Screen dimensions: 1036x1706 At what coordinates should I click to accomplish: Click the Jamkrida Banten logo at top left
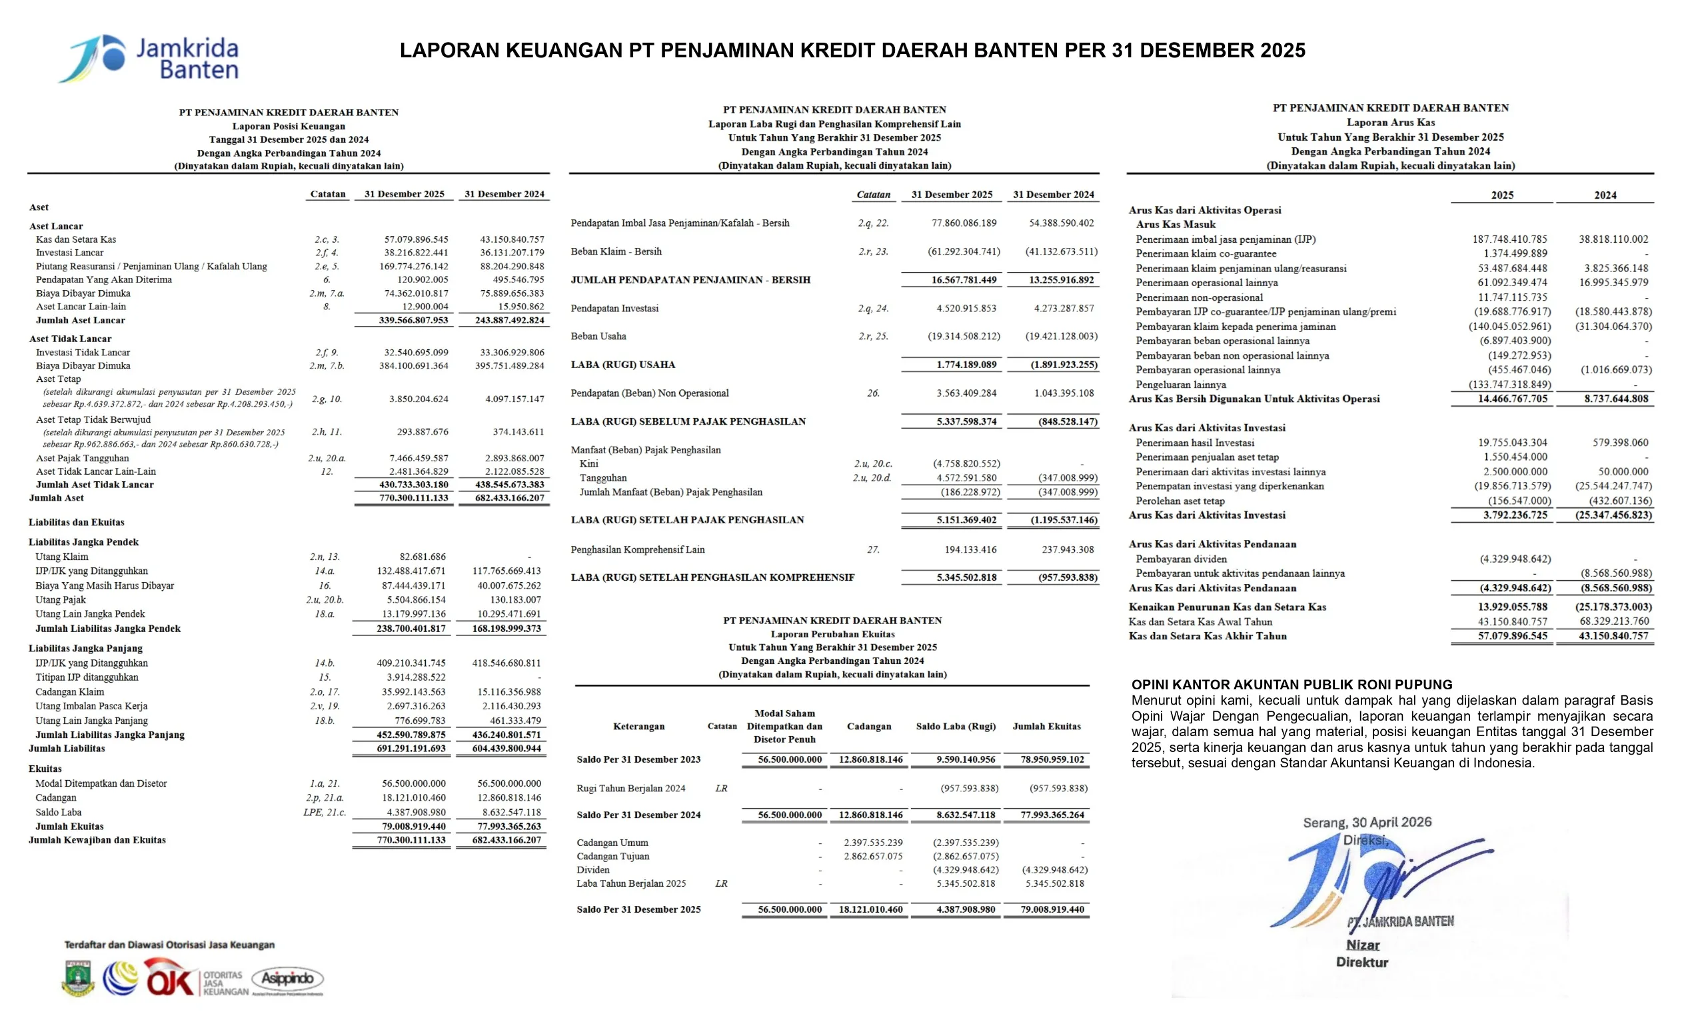click(x=149, y=58)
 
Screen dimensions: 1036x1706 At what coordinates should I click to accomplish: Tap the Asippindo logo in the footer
click(x=287, y=979)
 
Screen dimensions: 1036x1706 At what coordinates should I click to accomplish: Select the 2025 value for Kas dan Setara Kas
click(x=416, y=239)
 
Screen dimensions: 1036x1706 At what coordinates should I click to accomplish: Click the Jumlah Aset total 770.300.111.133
click(x=413, y=498)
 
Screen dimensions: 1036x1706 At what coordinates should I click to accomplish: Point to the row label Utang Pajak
click(x=61, y=600)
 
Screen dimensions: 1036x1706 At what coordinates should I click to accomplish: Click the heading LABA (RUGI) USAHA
click(x=622, y=364)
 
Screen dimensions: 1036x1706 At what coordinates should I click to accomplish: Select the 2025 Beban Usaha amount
click(x=964, y=337)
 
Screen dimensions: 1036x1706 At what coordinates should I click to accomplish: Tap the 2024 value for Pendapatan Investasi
click(x=1064, y=308)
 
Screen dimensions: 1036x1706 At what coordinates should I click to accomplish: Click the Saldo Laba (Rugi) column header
click(x=956, y=727)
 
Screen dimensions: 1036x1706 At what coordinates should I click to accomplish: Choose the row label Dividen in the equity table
click(x=593, y=870)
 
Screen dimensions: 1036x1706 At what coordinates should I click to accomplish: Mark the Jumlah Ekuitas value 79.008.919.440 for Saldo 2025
click(x=1052, y=909)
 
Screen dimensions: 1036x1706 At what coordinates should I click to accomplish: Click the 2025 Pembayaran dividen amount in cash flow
click(x=1515, y=559)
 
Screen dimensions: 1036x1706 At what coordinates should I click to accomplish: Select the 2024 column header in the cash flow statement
click(x=1605, y=195)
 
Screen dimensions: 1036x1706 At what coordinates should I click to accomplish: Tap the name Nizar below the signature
click(x=1363, y=945)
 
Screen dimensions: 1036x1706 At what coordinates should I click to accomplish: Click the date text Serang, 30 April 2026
click(x=1367, y=822)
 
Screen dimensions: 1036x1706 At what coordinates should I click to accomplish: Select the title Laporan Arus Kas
click(x=1390, y=123)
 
